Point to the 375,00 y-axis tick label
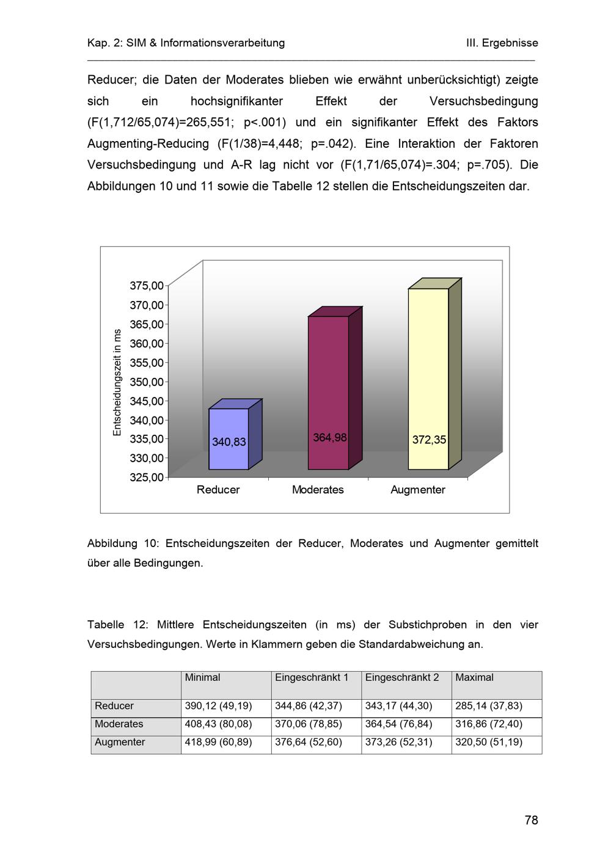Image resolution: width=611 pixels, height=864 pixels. (147, 286)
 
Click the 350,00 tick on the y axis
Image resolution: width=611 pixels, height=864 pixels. (147, 382)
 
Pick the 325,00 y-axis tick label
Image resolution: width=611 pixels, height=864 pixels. (147, 477)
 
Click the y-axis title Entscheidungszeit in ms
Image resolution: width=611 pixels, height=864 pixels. (117, 382)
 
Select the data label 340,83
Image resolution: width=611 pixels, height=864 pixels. (229, 441)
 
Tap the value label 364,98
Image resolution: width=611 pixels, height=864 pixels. (330, 437)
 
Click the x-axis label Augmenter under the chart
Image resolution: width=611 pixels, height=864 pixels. (418, 490)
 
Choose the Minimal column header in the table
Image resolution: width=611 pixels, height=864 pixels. (202, 677)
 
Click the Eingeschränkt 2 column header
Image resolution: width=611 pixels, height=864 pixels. (402, 677)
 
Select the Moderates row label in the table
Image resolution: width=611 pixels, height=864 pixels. (119, 724)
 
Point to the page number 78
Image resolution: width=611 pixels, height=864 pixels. (531, 820)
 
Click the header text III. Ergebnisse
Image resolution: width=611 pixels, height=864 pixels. (502, 43)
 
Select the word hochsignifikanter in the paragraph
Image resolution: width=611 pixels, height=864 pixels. (237, 101)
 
